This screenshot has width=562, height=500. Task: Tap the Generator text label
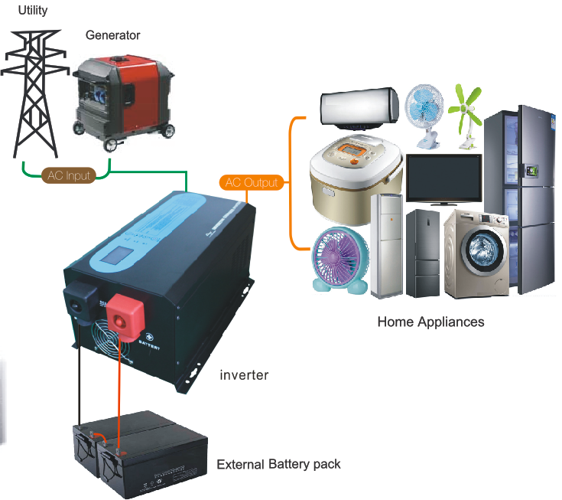pyautogui.click(x=112, y=35)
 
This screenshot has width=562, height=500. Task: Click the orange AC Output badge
pyautogui.click(x=252, y=183)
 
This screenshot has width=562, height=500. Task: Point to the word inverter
pyautogui.click(x=244, y=374)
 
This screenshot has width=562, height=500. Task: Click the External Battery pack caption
pyautogui.click(x=278, y=464)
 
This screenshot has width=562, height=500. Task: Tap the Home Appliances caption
pyautogui.click(x=430, y=322)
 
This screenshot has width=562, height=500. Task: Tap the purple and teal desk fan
pyautogui.click(x=341, y=260)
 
